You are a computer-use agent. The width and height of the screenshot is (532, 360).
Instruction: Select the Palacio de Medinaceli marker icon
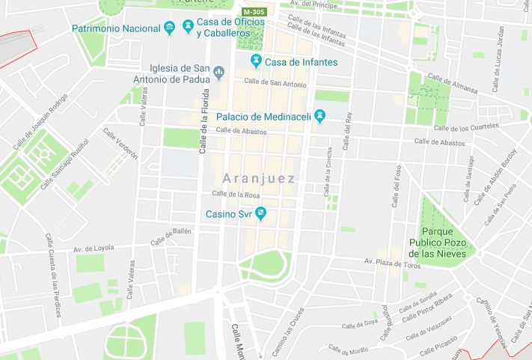[321, 116]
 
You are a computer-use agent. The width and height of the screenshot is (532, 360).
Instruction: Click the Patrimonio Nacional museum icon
[169, 28]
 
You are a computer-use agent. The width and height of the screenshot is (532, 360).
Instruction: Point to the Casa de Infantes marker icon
[257, 61]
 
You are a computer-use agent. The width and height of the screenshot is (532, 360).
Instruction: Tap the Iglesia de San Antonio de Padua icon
[218, 73]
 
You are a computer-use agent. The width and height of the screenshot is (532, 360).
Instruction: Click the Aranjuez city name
[259, 179]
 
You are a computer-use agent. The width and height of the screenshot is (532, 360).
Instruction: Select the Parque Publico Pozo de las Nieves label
[438, 242]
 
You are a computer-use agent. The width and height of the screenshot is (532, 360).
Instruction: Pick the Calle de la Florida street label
[203, 120]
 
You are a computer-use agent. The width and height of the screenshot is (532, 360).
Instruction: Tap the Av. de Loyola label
[93, 248]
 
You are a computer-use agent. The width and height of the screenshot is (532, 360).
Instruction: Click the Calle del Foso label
[395, 183]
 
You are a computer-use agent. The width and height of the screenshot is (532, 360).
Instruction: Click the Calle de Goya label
[359, 325]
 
